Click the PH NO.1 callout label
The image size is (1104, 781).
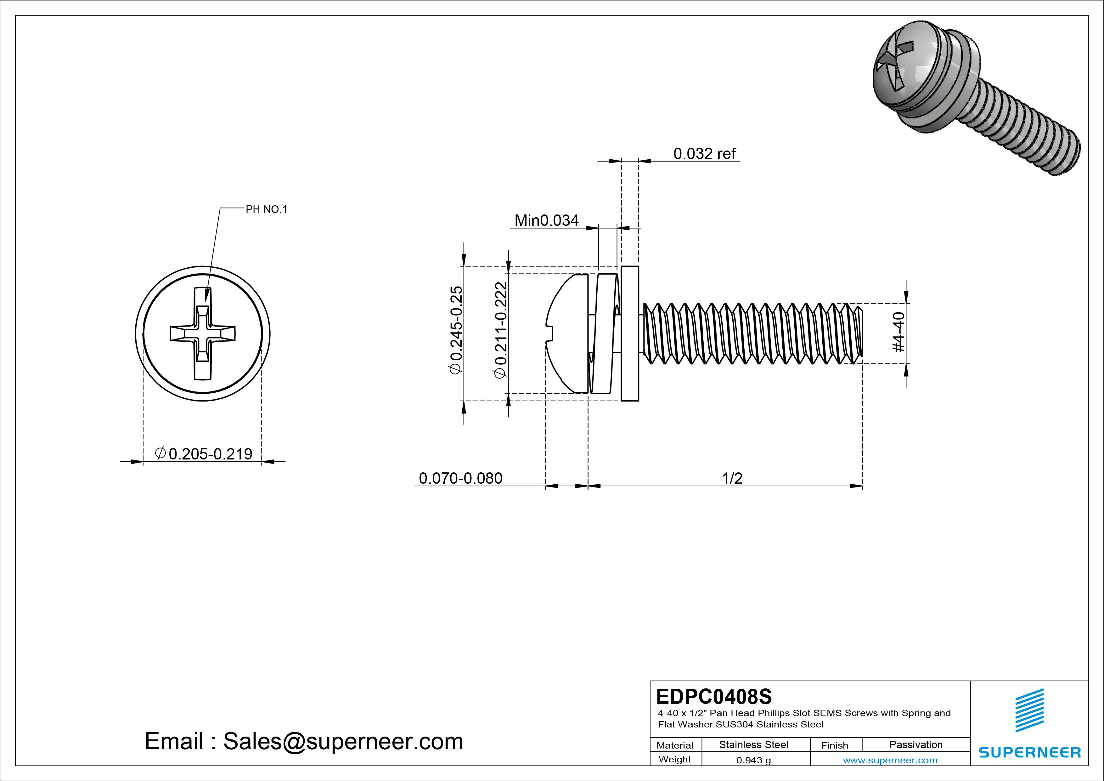[x=266, y=209]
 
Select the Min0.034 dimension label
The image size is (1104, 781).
[x=546, y=220]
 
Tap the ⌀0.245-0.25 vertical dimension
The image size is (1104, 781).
[x=455, y=330]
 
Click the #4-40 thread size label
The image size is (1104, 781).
[x=898, y=332]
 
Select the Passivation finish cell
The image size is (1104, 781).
[x=915, y=744]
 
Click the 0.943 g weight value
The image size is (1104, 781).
[x=753, y=760]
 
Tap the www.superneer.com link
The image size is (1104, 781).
[x=890, y=760]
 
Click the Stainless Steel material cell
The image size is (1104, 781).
[x=753, y=744]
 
